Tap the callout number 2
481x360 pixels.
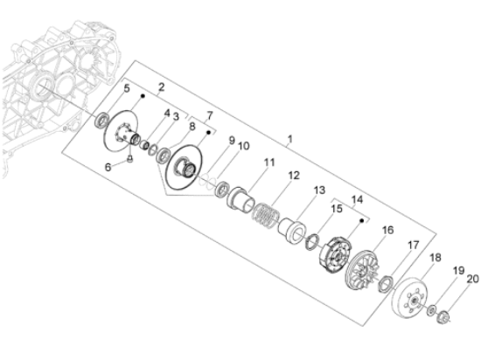pos(161,87)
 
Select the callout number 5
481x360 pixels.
pos(126,89)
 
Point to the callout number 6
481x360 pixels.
pos(108,166)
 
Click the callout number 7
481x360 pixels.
pos(209,117)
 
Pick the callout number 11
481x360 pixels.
pos(269,163)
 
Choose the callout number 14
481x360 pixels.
pos(356,199)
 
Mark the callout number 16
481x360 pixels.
pos(387,231)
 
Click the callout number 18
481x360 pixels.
pos(435,260)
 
